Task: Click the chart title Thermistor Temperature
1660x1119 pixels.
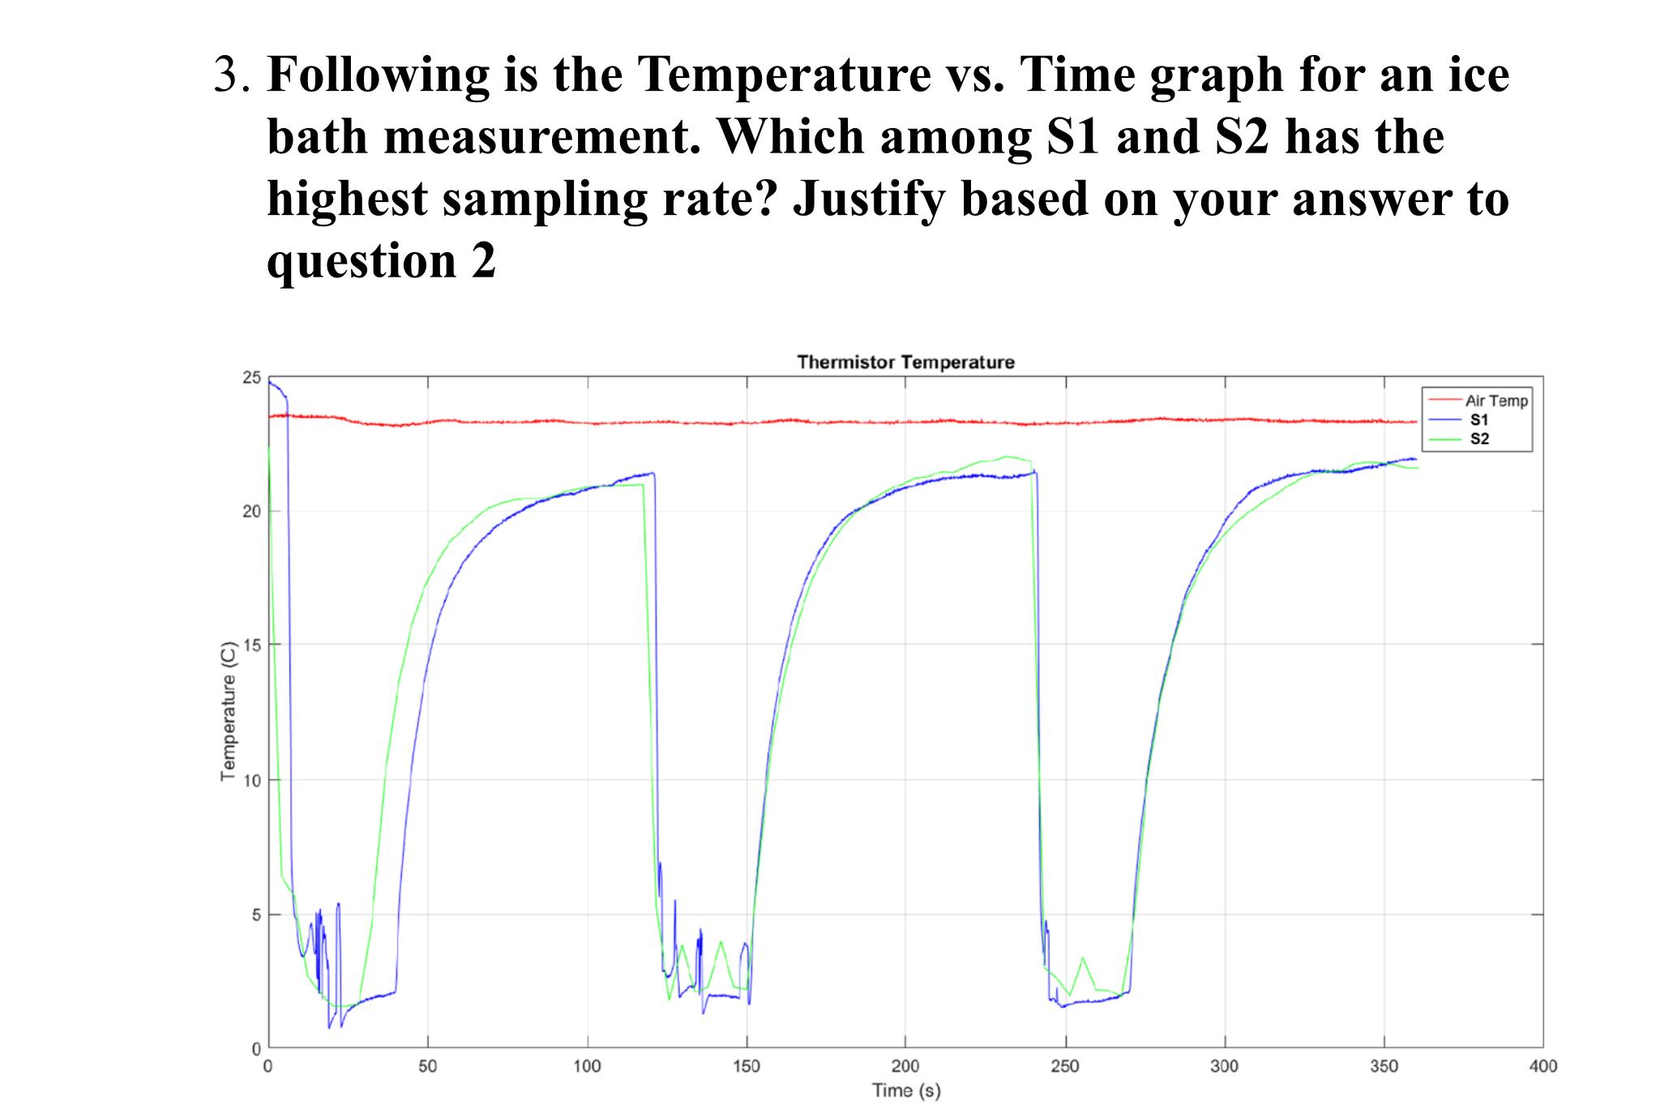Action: pyautogui.click(x=905, y=362)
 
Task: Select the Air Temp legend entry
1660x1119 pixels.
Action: pyautogui.click(x=1495, y=401)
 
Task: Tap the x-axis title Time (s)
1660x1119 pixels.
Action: pyautogui.click(x=905, y=1091)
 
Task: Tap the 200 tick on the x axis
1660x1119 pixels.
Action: pyautogui.click(x=905, y=1066)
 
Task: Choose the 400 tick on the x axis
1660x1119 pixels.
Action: pyautogui.click(x=1542, y=1066)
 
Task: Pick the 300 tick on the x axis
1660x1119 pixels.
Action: pyautogui.click(x=1224, y=1066)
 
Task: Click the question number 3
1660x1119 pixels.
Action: pyautogui.click(x=231, y=75)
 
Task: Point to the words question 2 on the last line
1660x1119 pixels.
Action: pyautogui.click(x=381, y=261)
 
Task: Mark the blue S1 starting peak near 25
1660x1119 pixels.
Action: pyautogui.click(x=272, y=383)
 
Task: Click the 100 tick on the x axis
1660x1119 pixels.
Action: pyautogui.click(x=587, y=1066)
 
